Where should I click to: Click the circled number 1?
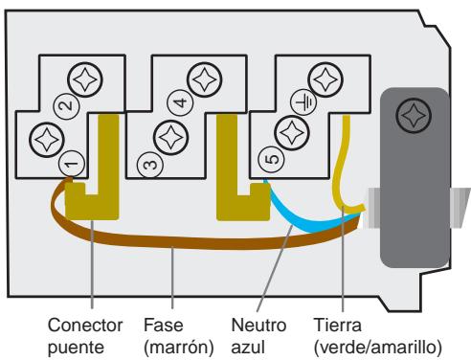coord(70,166)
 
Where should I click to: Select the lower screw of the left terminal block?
coord(45,140)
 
